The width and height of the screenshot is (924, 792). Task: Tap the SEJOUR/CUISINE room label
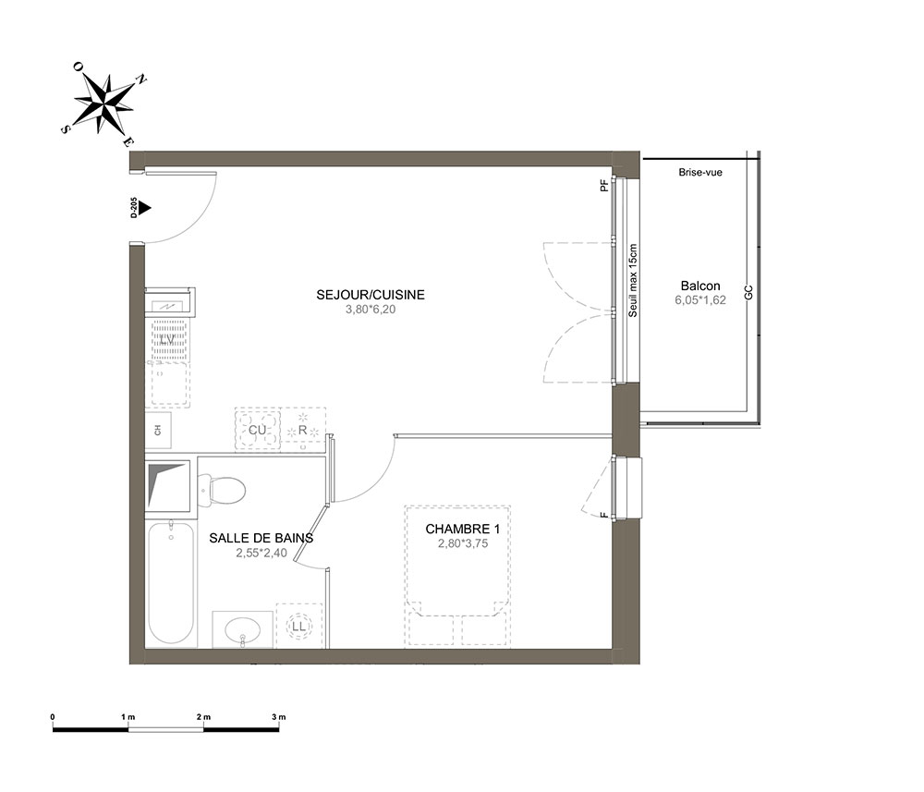[371, 295]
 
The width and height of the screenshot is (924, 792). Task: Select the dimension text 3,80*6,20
[371, 309]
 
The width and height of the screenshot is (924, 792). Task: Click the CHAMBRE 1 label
[463, 530]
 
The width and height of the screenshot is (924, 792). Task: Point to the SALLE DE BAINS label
[261, 538]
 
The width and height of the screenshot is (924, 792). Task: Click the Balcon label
[700, 286]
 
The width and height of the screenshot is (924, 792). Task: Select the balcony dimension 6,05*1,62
[700, 300]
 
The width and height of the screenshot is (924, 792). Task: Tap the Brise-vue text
[700, 173]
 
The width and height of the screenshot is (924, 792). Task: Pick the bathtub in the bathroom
[171, 582]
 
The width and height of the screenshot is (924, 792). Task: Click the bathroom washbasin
[242, 629]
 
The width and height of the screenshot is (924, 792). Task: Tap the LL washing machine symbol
[298, 626]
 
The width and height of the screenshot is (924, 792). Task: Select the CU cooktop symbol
[258, 430]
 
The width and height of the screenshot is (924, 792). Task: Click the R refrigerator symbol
[303, 430]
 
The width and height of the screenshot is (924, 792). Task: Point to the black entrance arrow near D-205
[145, 208]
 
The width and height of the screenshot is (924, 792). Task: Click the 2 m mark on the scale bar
[203, 717]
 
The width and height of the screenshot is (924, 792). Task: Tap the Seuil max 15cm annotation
[633, 281]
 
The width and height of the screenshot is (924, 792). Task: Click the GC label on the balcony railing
[749, 292]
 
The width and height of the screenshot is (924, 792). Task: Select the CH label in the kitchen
[157, 431]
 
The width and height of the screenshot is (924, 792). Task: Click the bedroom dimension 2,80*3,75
[463, 544]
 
